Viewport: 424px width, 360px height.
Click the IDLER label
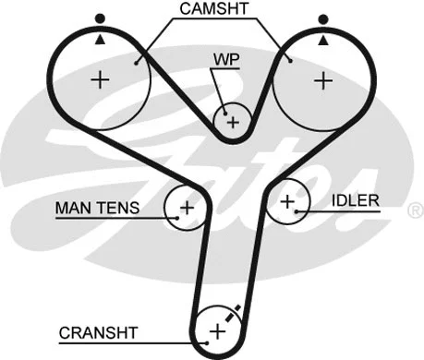[x=356, y=200]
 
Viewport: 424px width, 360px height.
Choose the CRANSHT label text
[x=98, y=331]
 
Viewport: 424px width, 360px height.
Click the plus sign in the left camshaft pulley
[x=100, y=80]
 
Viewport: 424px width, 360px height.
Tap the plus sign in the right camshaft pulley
[x=321, y=80]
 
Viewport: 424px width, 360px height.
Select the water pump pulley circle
[x=233, y=121]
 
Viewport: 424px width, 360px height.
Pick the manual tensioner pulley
[x=186, y=207]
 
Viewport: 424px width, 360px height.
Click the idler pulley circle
[x=288, y=200]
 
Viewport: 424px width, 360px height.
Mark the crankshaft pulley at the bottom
[x=218, y=330]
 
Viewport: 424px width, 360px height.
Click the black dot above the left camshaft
[x=100, y=18]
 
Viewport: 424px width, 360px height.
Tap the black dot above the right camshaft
[x=323, y=18]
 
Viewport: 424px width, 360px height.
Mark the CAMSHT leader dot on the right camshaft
[x=290, y=61]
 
